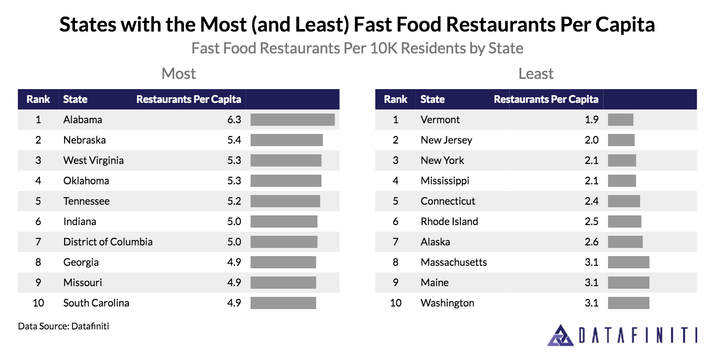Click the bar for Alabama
coord(292,120)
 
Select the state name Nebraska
coord(85,140)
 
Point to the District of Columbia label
coord(108,242)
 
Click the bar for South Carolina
coord(283,303)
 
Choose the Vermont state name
coord(440,120)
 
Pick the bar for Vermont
coord(620,120)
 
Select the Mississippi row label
coord(445,181)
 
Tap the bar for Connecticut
coord(624,201)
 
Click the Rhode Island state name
coord(449,221)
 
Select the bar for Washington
coord(628,303)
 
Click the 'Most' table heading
coord(179,74)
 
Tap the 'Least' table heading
coord(536,74)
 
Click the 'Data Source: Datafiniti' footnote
coord(64,326)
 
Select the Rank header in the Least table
coord(396,99)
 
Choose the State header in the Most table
coord(75,99)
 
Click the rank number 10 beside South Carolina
coord(38,303)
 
